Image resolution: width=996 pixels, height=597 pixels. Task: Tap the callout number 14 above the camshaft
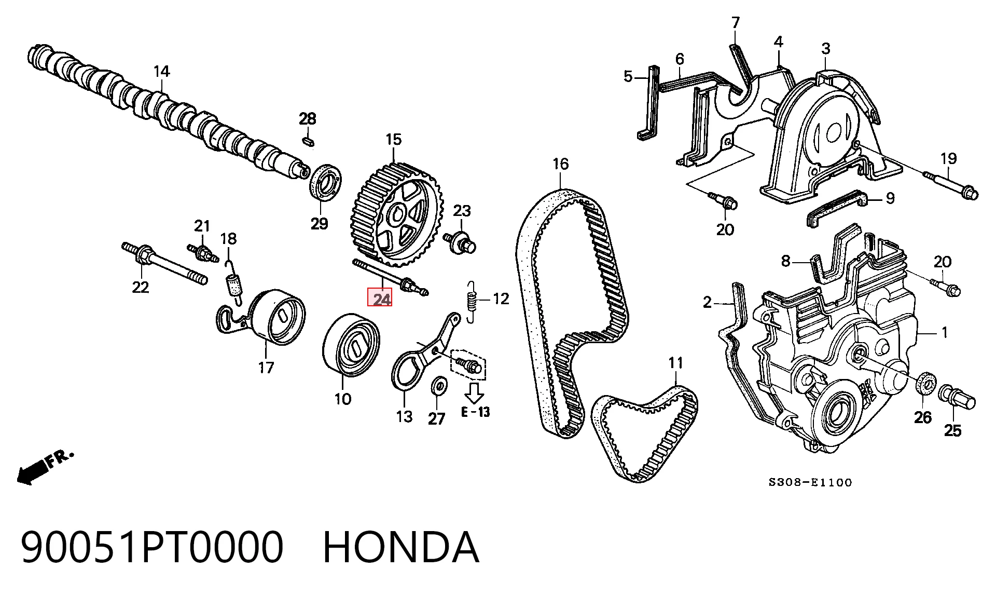click(x=161, y=71)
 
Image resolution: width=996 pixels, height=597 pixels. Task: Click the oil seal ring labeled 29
click(x=326, y=181)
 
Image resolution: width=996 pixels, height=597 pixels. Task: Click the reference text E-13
click(x=476, y=412)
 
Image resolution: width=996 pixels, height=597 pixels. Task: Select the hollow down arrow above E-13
click(x=474, y=393)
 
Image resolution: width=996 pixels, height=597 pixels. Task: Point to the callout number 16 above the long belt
click(x=560, y=165)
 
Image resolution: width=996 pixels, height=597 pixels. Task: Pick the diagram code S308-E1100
click(x=810, y=482)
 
